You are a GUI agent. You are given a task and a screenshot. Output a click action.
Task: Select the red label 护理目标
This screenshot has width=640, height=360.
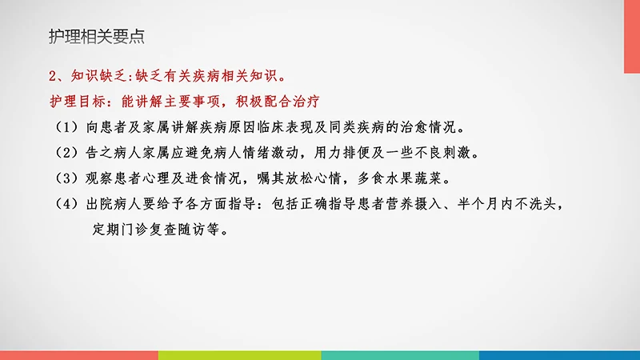[78, 102]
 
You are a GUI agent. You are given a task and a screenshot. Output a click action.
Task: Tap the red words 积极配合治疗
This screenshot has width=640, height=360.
[282, 102]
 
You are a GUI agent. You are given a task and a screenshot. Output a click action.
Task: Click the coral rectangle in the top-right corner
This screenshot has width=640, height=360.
[632, 36]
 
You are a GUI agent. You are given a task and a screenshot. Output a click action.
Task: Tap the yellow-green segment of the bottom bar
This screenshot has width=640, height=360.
[239, 354]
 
